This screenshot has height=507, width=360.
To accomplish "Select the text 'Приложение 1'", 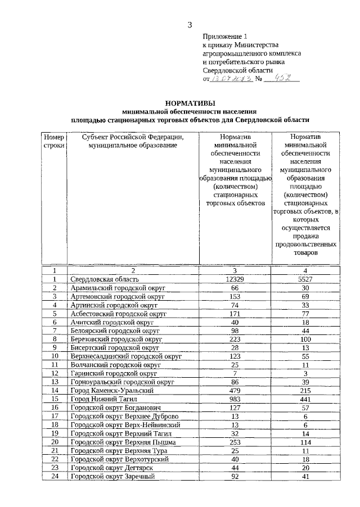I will pyautogui.click(x=225, y=35).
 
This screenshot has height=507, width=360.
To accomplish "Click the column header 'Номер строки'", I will pyautogui.click(x=55, y=141).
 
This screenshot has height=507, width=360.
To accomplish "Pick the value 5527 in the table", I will pyautogui.click(x=305, y=279).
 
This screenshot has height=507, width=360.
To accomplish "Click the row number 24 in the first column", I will pyautogui.click(x=55, y=477).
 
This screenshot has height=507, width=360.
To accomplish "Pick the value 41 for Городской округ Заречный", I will pyautogui.click(x=305, y=477).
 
